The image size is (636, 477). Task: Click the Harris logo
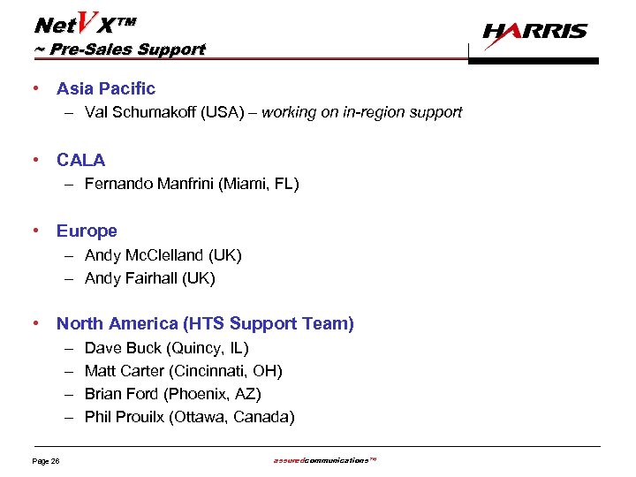[535, 32]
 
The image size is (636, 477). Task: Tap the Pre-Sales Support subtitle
[120, 49]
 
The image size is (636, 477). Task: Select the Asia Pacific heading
[105, 88]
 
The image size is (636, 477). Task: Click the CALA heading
[80, 160]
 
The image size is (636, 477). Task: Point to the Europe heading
[87, 231]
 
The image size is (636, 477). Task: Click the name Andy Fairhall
[131, 278]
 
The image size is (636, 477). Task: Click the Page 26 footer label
[45, 460]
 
